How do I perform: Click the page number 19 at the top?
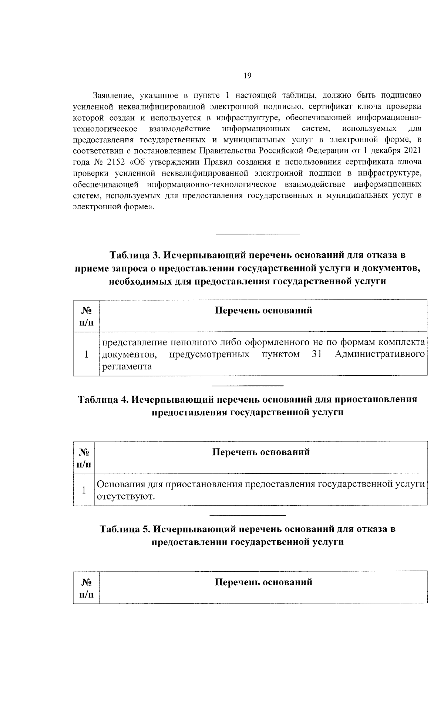pos(248,76)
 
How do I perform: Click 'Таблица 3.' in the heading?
pos(135,255)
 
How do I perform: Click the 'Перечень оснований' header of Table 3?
pos(263,310)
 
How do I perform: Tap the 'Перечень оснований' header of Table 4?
pos(261,452)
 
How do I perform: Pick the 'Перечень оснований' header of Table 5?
pos(263,582)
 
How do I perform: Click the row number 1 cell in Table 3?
pos(86,354)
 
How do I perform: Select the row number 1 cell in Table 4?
pos(84,490)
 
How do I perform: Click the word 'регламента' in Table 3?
pos(127,366)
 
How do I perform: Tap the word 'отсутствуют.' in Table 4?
pos(125,496)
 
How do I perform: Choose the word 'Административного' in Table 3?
pos(379,354)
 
